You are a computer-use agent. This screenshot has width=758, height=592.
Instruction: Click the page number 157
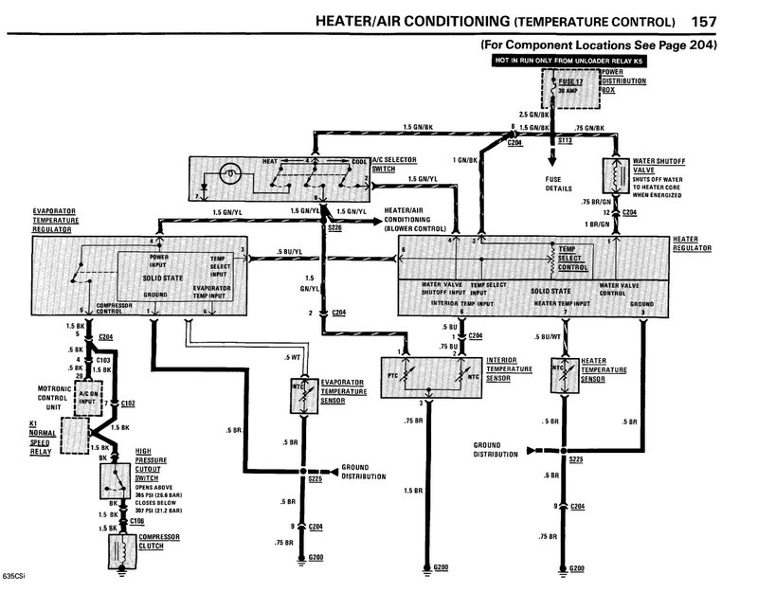(x=730, y=21)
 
